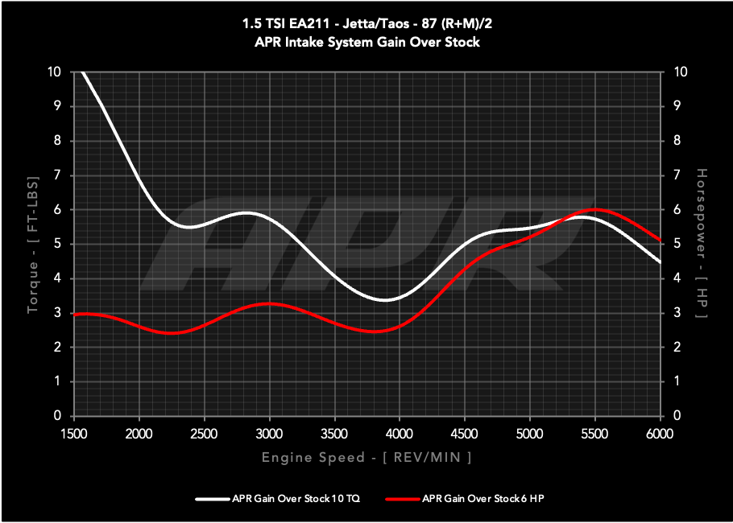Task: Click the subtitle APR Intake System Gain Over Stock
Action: [x=366, y=42]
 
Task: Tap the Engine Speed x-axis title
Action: [x=366, y=457]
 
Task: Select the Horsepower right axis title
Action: [x=702, y=244]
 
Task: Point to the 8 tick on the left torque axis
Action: [x=57, y=141]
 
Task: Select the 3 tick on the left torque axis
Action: [x=57, y=313]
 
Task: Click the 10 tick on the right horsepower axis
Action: [x=680, y=72]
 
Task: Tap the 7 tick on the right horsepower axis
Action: [x=677, y=175]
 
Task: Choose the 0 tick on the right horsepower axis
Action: [x=677, y=416]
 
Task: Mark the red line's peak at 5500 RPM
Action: [x=595, y=209]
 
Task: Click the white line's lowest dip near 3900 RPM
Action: [x=386, y=300]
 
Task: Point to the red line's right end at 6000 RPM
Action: [x=661, y=241]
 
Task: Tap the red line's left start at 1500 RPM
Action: [x=75, y=315]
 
